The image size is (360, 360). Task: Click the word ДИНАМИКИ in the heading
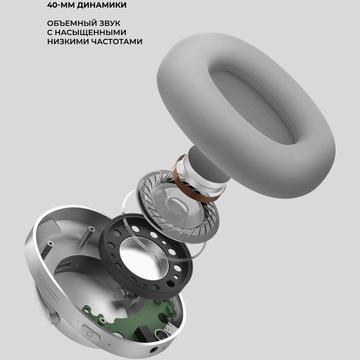point(102,5)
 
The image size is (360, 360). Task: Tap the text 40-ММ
point(61,5)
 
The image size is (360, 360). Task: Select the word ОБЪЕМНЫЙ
point(72,23)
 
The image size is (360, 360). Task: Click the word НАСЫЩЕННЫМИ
point(90,32)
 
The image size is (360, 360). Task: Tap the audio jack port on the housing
point(153,350)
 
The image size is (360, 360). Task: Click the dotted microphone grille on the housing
point(49,286)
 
